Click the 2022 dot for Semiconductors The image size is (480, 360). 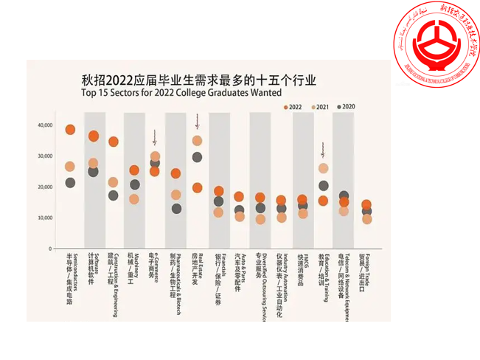(x=70, y=130)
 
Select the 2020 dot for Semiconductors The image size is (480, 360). (x=70, y=182)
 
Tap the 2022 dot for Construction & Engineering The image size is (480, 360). (x=113, y=142)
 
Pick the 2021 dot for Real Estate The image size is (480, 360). (x=197, y=140)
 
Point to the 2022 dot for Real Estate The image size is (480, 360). (x=197, y=187)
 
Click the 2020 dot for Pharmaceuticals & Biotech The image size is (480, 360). (x=176, y=209)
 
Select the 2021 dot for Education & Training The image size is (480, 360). (x=323, y=168)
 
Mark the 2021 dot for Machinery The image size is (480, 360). (x=133, y=198)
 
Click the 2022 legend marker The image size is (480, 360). (x=286, y=108)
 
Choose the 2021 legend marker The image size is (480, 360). (x=313, y=108)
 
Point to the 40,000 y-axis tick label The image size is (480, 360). (x=45, y=126)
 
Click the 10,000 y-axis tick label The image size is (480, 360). (x=45, y=218)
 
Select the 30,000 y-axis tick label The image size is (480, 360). (x=45, y=156)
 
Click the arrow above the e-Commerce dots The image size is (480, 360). (x=155, y=136)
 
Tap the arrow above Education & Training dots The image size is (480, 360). (x=323, y=150)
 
